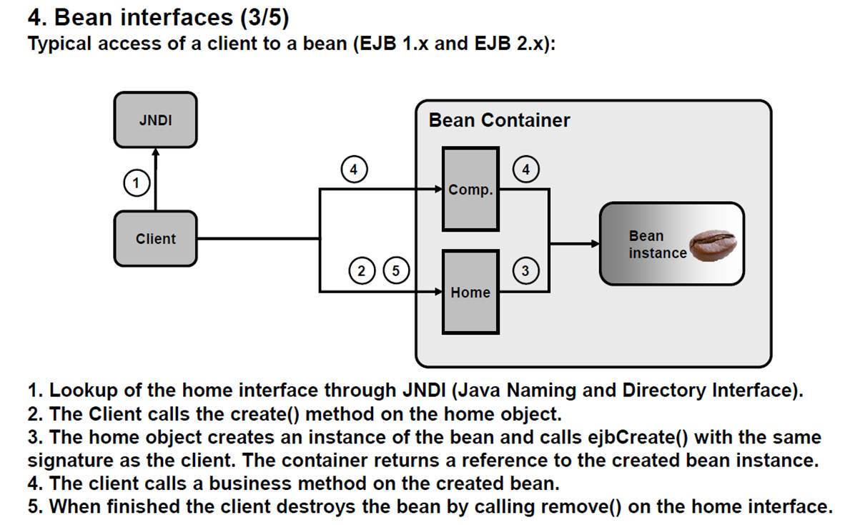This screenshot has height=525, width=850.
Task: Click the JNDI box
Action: pyautogui.click(x=155, y=120)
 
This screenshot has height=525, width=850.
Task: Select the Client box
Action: pyautogui.click(x=155, y=239)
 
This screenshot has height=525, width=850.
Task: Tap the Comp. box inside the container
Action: pyautogui.click(x=470, y=188)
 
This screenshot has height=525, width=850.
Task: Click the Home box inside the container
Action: pyautogui.click(x=470, y=291)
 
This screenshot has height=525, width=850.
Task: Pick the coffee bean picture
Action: pyautogui.click(x=712, y=245)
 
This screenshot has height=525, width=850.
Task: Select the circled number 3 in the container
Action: pyautogui.click(x=525, y=271)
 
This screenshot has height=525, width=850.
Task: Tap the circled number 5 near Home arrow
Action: pyautogui.click(x=396, y=270)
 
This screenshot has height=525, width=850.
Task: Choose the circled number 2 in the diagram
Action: pyautogui.click(x=362, y=270)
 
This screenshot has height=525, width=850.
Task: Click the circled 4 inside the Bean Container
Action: pyautogui.click(x=526, y=170)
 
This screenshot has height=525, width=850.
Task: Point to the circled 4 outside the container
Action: pyautogui.click(x=353, y=170)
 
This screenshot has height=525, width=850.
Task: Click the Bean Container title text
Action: pyautogui.click(x=499, y=120)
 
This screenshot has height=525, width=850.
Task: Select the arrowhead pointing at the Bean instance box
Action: pyautogui.click(x=595, y=243)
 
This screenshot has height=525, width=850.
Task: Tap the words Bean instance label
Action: pyautogui.click(x=656, y=244)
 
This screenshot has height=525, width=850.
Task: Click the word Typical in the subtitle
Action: pyautogui.click(x=59, y=44)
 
